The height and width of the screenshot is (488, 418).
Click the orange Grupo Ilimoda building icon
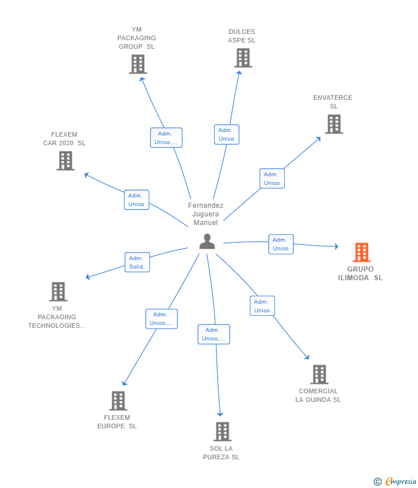(x=361, y=252)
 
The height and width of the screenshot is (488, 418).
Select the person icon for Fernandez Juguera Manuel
(x=207, y=242)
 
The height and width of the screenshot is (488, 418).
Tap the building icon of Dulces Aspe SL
(x=243, y=58)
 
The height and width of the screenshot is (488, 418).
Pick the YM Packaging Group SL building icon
(x=138, y=64)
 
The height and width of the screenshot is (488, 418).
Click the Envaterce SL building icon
(x=334, y=124)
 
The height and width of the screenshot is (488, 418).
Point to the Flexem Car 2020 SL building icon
(x=65, y=161)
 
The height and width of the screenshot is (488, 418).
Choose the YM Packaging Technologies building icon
(x=58, y=292)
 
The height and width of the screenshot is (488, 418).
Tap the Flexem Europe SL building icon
(x=118, y=401)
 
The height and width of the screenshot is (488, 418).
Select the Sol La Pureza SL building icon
(x=222, y=431)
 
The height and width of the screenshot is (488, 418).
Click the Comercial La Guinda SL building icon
(x=319, y=374)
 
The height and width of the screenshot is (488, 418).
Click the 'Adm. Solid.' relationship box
(x=137, y=262)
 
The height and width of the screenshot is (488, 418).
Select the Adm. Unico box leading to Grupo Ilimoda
(x=281, y=244)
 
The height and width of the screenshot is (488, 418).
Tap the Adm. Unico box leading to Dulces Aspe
(x=226, y=134)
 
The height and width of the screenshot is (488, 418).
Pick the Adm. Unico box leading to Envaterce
(x=272, y=179)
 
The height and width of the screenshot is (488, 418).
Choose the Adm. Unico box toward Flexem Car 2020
(x=136, y=200)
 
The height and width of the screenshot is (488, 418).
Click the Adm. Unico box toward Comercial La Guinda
(x=262, y=306)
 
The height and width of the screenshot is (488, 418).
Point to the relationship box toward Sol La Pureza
(x=214, y=334)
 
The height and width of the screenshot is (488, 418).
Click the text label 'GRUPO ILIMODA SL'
(x=360, y=273)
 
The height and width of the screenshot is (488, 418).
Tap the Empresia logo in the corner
(x=396, y=482)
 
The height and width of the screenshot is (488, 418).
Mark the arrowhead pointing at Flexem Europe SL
(x=124, y=384)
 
